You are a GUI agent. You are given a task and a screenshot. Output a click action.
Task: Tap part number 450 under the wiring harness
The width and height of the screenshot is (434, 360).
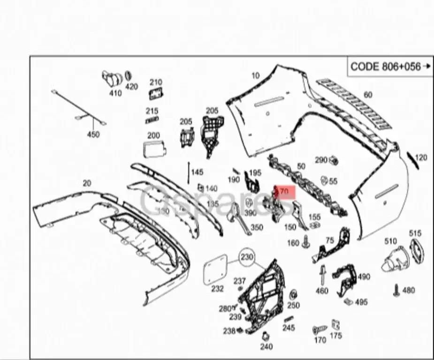[94, 135]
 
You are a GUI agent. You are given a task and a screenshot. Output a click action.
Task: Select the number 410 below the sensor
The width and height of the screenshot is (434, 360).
[115, 93]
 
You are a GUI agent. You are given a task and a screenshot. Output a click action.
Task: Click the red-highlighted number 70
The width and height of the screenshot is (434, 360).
[284, 192]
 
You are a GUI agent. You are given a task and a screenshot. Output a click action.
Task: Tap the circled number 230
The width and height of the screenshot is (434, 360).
[247, 257]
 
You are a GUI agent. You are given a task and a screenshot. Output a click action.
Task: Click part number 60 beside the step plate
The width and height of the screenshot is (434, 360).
[368, 95]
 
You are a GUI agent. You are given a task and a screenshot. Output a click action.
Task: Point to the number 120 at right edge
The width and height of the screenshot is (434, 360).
[421, 158]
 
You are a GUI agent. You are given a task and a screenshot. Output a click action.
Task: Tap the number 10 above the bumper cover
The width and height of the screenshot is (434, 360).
[255, 75]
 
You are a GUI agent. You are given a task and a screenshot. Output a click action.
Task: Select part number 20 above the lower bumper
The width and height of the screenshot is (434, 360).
[87, 183]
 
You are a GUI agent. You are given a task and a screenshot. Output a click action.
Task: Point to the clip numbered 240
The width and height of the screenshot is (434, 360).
[266, 336]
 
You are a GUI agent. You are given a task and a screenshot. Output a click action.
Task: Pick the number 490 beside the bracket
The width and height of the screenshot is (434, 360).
[364, 277]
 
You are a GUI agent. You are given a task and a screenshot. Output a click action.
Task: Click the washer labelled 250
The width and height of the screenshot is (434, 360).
[293, 295]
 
